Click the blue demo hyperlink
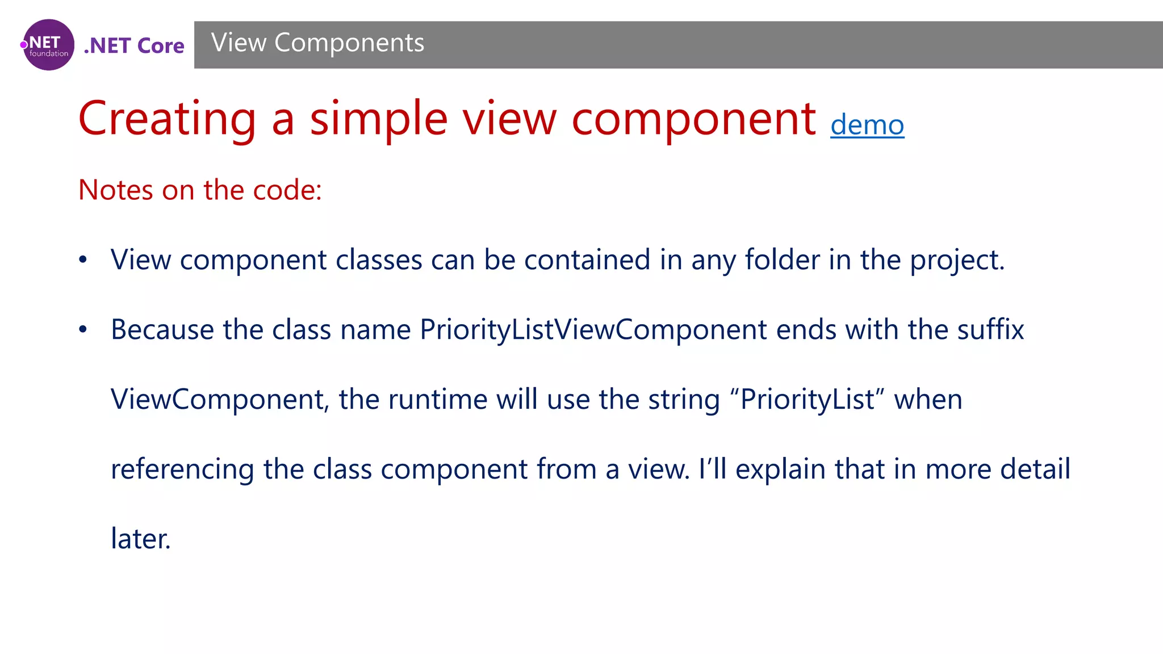click(x=867, y=125)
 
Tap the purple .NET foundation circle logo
click(x=49, y=45)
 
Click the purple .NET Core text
click(x=134, y=45)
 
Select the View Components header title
click(x=317, y=43)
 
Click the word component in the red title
click(x=694, y=119)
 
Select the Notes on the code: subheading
click(x=200, y=190)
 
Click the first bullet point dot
click(x=83, y=260)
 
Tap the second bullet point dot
click(x=83, y=330)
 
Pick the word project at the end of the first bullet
click(x=957, y=260)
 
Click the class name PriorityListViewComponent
click(x=593, y=330)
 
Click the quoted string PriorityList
click(x=807, y=399)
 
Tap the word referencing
click(x=182, y=469)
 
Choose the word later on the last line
click(x=140, y=539)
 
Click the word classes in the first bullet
click(x=379, y=260)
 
